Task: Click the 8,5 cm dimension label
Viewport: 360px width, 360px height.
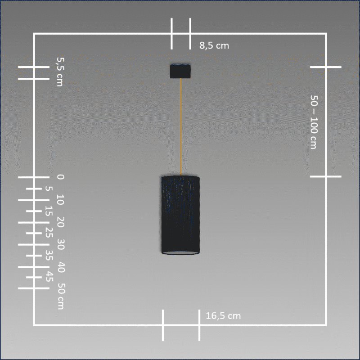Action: click(x=214, y=45)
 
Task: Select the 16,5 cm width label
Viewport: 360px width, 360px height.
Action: click(x=223, y=316)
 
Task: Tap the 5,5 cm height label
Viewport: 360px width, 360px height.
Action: click(x=60, y=72)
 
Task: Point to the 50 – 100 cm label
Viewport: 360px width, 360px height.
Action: click(x=314, y=122)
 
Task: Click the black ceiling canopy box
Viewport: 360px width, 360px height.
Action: click(x=180, y=71)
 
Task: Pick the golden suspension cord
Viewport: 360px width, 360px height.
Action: click(x=180, y=127)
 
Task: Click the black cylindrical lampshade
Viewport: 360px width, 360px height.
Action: click(x=180, y=215)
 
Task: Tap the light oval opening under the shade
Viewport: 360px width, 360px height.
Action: click(x=180, y=253)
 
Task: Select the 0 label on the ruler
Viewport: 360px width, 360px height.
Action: click(x=60, y=177)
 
